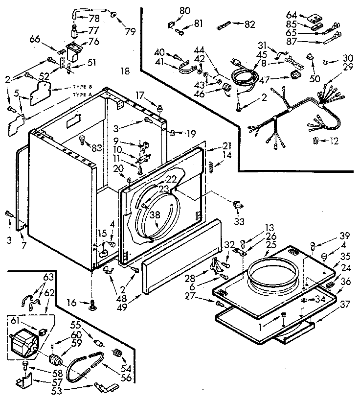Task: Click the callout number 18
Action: tap(125, 71)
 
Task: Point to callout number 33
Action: tap(238, 221)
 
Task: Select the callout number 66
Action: tap(35, 40)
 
